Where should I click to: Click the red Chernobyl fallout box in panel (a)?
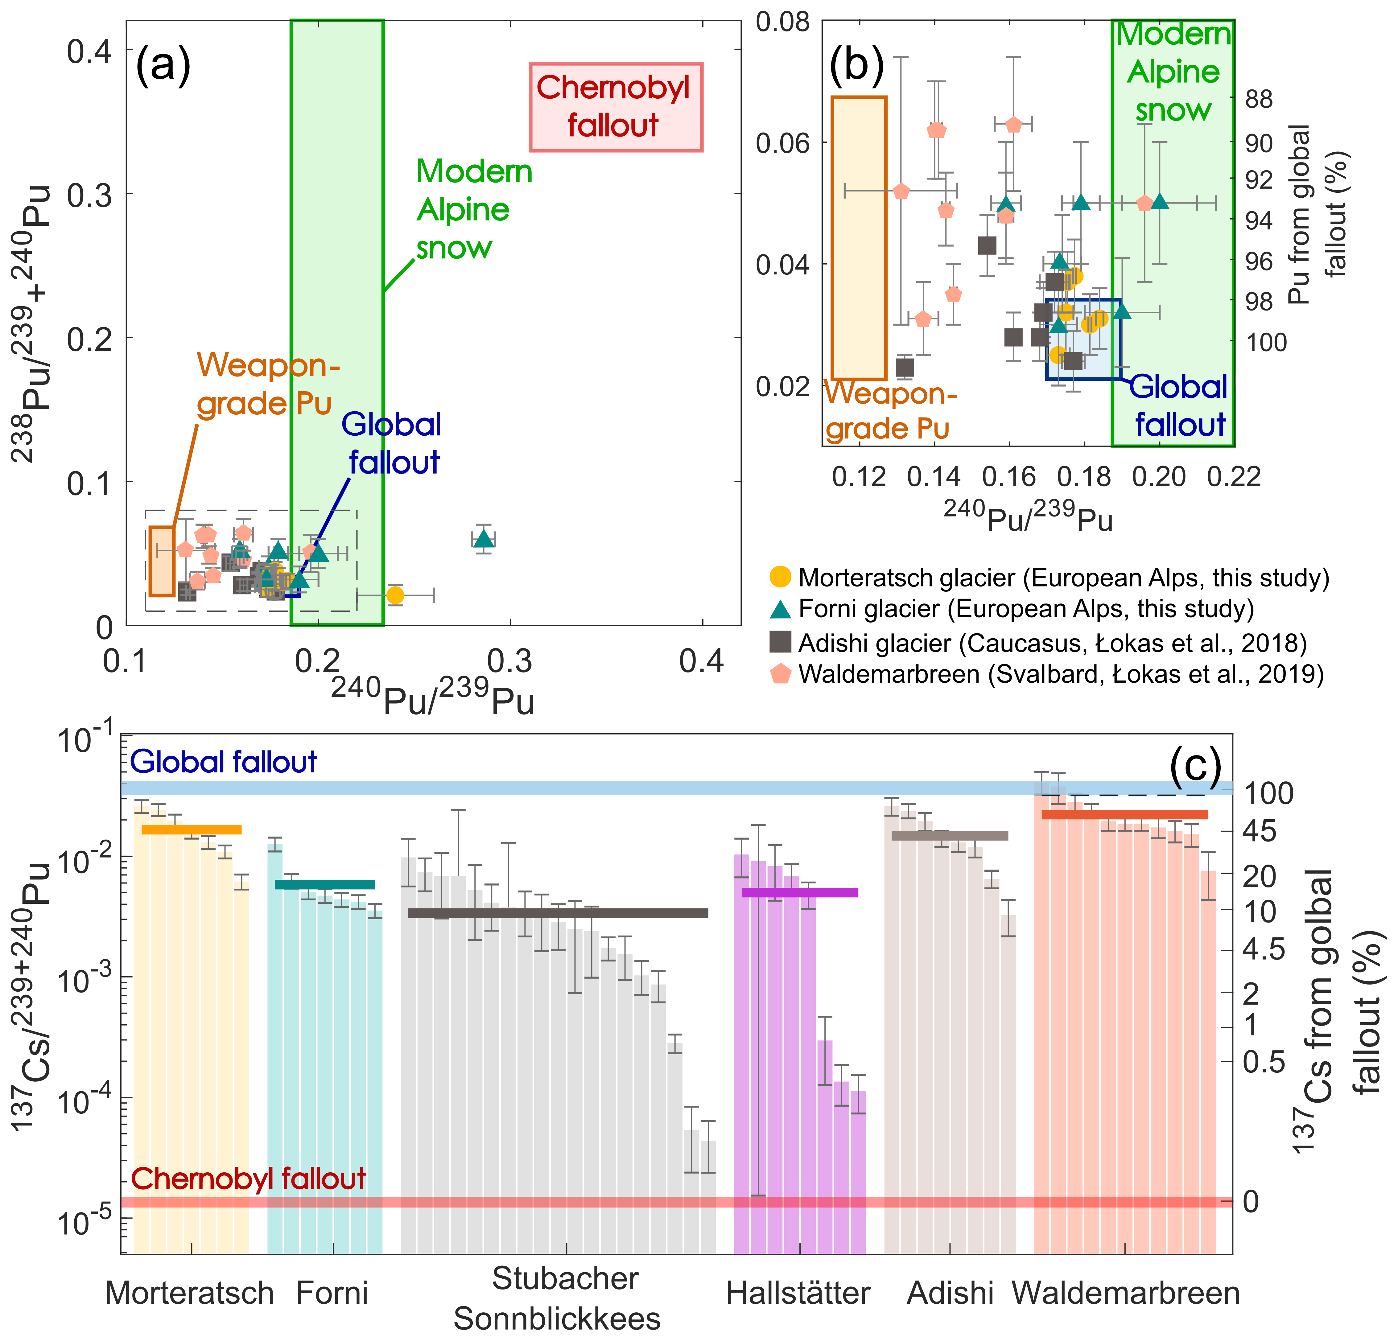pos(616,107)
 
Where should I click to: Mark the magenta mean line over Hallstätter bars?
pos(800,892)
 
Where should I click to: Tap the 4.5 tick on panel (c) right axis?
pos(1263,949)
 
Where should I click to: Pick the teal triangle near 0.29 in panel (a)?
pos(484,539)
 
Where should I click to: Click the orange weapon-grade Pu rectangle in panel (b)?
pos(859,237)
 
